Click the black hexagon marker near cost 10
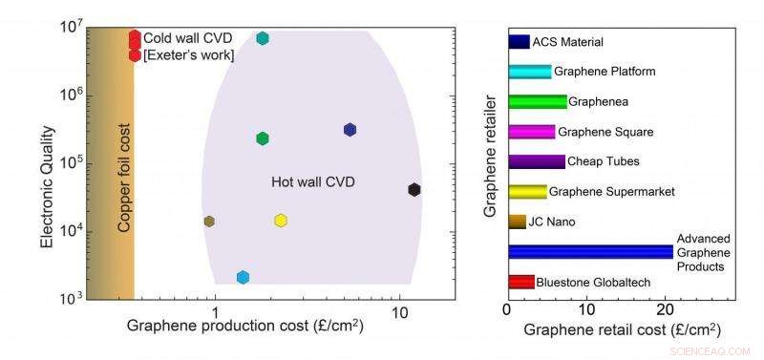[x=414, y=190]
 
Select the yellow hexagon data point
[x=281, y=221]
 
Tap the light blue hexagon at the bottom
[x=243, y=277]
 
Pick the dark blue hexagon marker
[x=350, y=130]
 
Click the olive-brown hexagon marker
[x=209, y=222]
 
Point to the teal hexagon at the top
[x=263, y=38]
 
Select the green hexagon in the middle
[x=263, y=138]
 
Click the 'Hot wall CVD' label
[x=300, y=180]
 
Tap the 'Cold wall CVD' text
[x=187, y=37]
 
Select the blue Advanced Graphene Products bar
[x=590, y=251]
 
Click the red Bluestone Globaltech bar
[x=520, y=282]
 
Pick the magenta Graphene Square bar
[x=531, y=132]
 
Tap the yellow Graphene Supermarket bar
[x=527, y=192]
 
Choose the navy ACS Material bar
[x=519, y=42]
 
